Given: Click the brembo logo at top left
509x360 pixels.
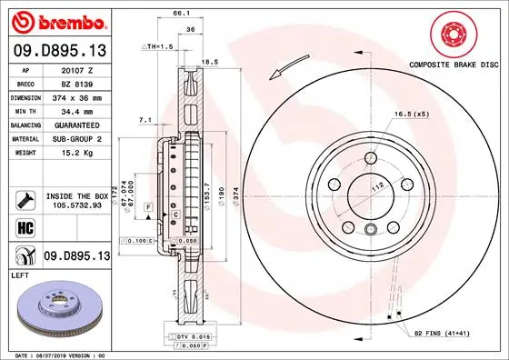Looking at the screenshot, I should (x=57, y=19).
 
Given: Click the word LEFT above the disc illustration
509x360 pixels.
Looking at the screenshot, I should (x=20, y=274).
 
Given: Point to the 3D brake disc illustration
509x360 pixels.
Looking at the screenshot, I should (x=56, y=310).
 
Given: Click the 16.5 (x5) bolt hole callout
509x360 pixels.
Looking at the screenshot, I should (x=411, y=115).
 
